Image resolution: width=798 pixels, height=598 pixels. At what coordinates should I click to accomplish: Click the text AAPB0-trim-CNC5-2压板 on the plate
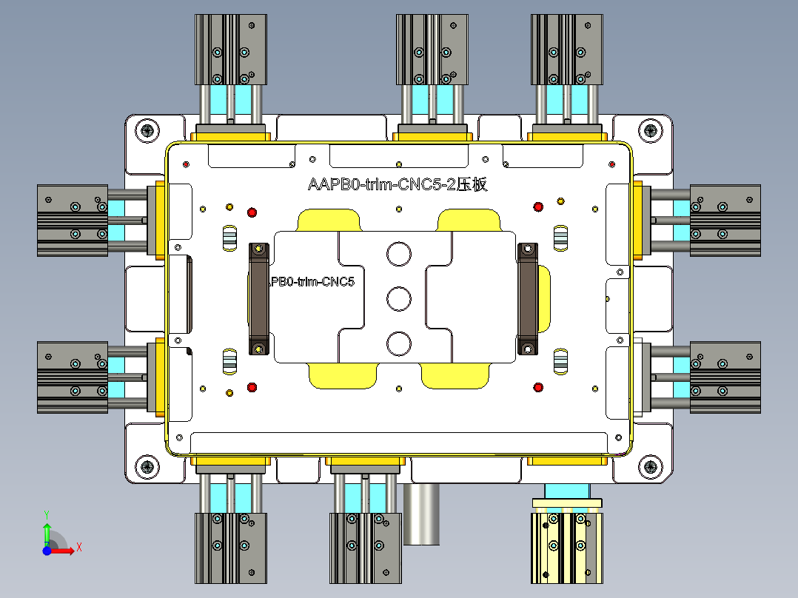tap(398, 185)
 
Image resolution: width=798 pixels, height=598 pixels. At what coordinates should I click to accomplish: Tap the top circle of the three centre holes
tap(398, 254)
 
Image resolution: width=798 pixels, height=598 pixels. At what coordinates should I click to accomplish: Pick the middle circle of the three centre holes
tap(398, 299)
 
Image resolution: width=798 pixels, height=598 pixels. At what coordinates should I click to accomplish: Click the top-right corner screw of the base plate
tap(649, 132)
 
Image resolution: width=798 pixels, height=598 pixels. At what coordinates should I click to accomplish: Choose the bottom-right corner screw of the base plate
tap(649, 466)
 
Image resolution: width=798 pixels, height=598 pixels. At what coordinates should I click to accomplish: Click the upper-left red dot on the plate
tap(252, 212)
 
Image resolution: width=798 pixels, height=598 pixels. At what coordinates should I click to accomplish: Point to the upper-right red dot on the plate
tap(538, 206)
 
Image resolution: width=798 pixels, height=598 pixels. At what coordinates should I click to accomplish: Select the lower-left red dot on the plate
tap(252, 387)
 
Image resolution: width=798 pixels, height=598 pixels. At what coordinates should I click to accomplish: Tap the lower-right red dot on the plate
tap(538, 387)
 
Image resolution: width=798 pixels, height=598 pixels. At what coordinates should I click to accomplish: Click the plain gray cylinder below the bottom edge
tap(422, 514)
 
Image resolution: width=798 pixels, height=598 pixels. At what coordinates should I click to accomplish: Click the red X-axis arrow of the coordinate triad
tap(68, 550)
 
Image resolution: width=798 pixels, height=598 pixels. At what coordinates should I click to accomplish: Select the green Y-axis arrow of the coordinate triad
tap(46, 531)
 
